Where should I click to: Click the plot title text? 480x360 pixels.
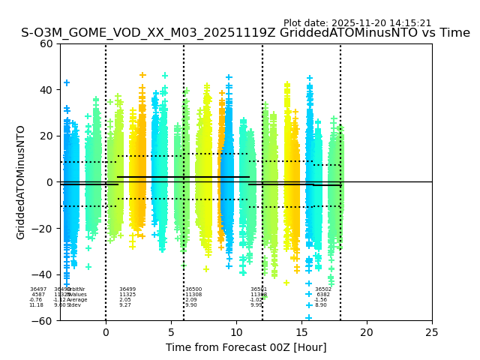[245, 33]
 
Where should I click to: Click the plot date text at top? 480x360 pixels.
[357, 23]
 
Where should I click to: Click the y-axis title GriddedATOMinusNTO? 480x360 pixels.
[21, 182]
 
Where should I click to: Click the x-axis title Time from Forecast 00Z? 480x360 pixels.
[246, 347]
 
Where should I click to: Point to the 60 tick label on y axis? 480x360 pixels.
[46, 43]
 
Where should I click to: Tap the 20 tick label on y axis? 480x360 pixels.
[46, 136]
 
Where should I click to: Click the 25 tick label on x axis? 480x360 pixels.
[432, 331]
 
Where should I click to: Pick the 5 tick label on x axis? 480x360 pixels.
[171, 331]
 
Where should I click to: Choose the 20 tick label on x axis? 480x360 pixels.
[367, 331]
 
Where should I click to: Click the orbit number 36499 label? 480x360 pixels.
[127, 289]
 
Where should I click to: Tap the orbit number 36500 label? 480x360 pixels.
[193, 289]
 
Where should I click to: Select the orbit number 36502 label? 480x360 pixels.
[323, 289]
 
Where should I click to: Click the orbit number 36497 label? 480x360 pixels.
[38, 289]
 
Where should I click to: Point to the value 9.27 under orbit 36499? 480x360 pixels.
[124, 305]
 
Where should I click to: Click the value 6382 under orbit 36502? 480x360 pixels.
[323, 295]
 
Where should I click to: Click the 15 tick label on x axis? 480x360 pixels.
[301, 331]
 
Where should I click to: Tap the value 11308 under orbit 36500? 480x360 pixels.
[193, 295]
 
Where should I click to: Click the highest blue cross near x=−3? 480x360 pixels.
[67, 82]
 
